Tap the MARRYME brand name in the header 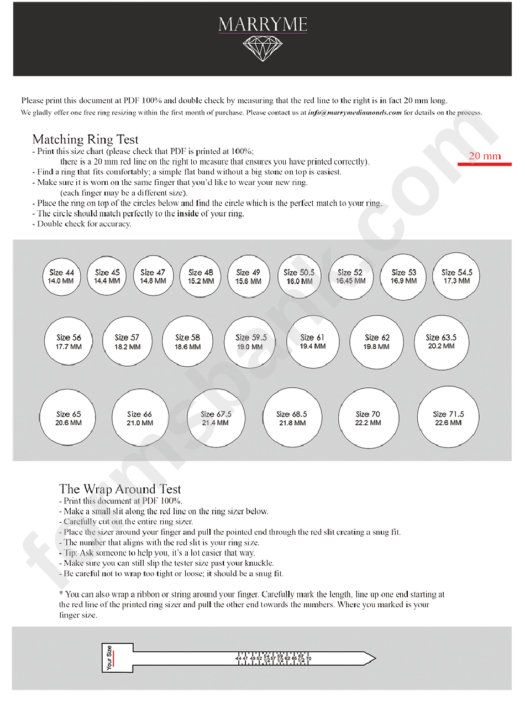pyautogui.click(x=262, y=24)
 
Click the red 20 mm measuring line pyautogui.click(x=479, y=164)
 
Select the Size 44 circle pyautogui.click(x=61, y=277)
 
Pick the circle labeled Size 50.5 pyautogui.click(x=299, y=277)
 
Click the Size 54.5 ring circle pyautogui.click(x=456, y=277)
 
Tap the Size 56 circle pyautogui.click(x=69, y=342)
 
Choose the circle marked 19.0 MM pyautogui.click(x=250, y=342)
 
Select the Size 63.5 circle pyautogui.click(x=441, y=341)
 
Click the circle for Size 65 pyautogui.click(x=68, y=418)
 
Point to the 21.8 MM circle pyautogui.click(x=291, y=418)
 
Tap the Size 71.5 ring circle pyautogui.click(x=448, y=418)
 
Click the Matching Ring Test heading pyautogui.click(x=85, y=139)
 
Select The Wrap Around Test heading pyautogui.click(x=120, y=489)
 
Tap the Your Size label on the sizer pyautogui.click(x=109, y=658)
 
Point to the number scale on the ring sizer pyautogui.click(x=273, y=659)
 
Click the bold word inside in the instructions pyautogui.click(x=188, y=214)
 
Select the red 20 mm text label pyautogui.click(x=485, y=156)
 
